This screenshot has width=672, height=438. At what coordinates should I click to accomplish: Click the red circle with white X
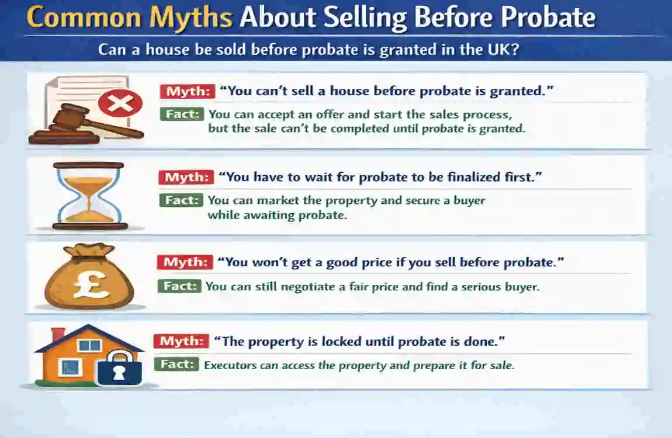click(120, 104)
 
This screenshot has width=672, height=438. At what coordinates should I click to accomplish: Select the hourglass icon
click(88, 196)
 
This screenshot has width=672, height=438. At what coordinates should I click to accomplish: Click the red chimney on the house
click(58, 335)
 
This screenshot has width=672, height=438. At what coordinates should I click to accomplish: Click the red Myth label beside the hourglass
click(186, 178)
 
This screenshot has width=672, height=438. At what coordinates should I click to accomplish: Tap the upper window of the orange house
click(90, 345)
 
